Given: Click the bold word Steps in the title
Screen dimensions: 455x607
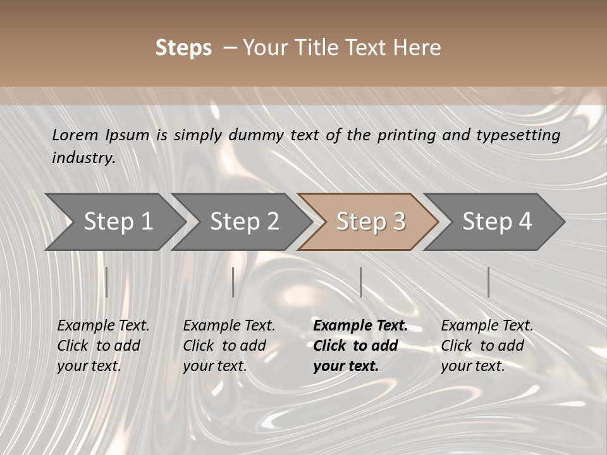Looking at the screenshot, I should (x=183, y=48).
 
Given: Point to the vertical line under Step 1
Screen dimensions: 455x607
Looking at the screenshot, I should (x=106, y=282).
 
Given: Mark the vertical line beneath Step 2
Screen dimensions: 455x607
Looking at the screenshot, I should (x=233, y=282).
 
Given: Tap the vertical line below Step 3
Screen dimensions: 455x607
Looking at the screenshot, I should (x=360, y=282).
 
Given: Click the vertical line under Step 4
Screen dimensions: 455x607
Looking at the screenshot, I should (x=488, y=282).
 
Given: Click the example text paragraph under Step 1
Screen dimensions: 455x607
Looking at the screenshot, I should (x=103, y=346).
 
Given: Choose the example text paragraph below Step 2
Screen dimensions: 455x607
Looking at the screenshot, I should (x=229, y=346).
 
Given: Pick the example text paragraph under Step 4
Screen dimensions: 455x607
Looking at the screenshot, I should (x=487, y=346).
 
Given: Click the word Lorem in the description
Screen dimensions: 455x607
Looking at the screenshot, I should (x=75, y=135).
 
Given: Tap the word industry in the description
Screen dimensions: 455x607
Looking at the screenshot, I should (x=83, y=158).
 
